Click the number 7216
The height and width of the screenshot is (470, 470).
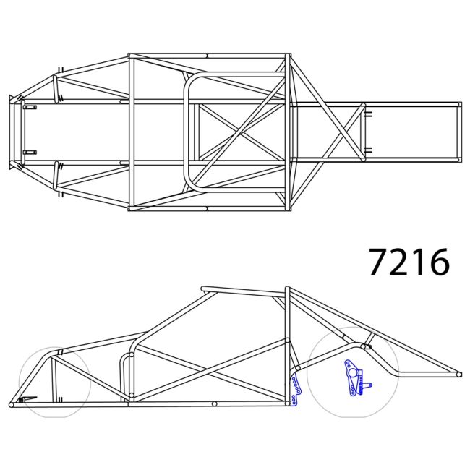point(409,262)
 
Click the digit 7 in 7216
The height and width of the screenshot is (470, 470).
point(379,262)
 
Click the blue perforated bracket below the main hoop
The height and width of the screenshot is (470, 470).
point(294,390)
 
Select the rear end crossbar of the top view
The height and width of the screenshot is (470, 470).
point(458,132)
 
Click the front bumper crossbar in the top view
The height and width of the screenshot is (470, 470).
point(12,132)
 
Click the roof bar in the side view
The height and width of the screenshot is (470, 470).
point(242,291)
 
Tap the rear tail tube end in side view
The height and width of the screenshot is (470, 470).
point(458,374)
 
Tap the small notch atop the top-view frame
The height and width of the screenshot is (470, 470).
point(207,55)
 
